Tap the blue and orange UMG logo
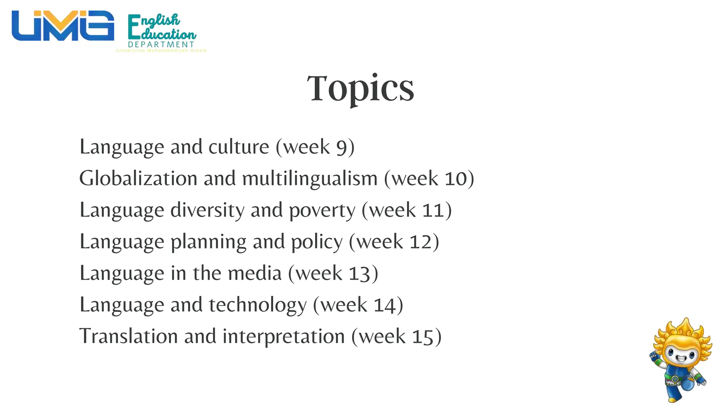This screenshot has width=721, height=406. [63, 26]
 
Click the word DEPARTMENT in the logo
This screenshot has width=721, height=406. [161, 44]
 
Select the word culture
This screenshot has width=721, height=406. [239, 147]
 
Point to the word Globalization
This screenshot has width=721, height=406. [138, 178]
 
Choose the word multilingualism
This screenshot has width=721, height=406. [310, 179]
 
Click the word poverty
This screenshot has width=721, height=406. [322, 211]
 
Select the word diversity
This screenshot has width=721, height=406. [207, 210]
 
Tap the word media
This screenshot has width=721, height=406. [255, 273]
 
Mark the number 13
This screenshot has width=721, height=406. [359, 273]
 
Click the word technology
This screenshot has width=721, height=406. [258, 305]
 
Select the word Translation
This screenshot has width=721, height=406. [128, 336]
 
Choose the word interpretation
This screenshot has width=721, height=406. [283, 337]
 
